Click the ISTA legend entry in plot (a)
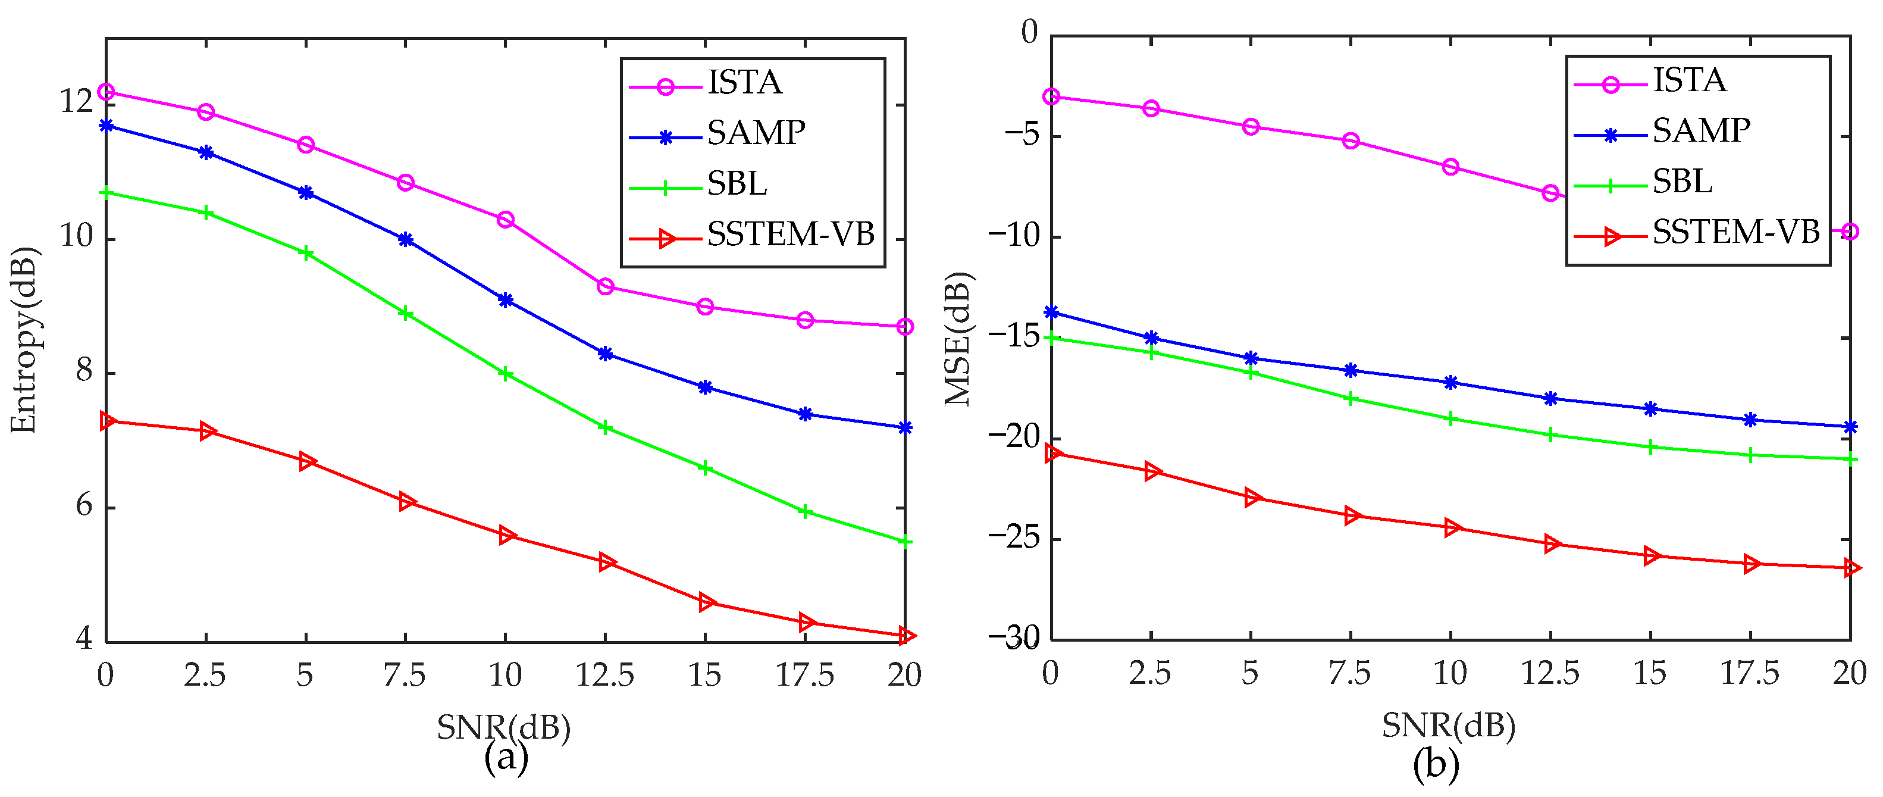pos(744,83)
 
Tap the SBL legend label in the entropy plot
pos(737,183)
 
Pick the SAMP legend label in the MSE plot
pos(1701,131)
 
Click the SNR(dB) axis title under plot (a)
pos(504,727)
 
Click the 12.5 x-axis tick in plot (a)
pos(604,675)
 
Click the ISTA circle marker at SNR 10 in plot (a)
pos(505,220)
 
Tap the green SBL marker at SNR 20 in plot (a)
pos(905,542)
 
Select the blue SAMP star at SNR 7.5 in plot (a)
pos(406,240)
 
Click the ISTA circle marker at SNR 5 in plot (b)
pos(1251,127)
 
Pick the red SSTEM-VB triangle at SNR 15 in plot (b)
pos(1650,557)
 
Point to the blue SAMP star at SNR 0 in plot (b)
pos(1051,312)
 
